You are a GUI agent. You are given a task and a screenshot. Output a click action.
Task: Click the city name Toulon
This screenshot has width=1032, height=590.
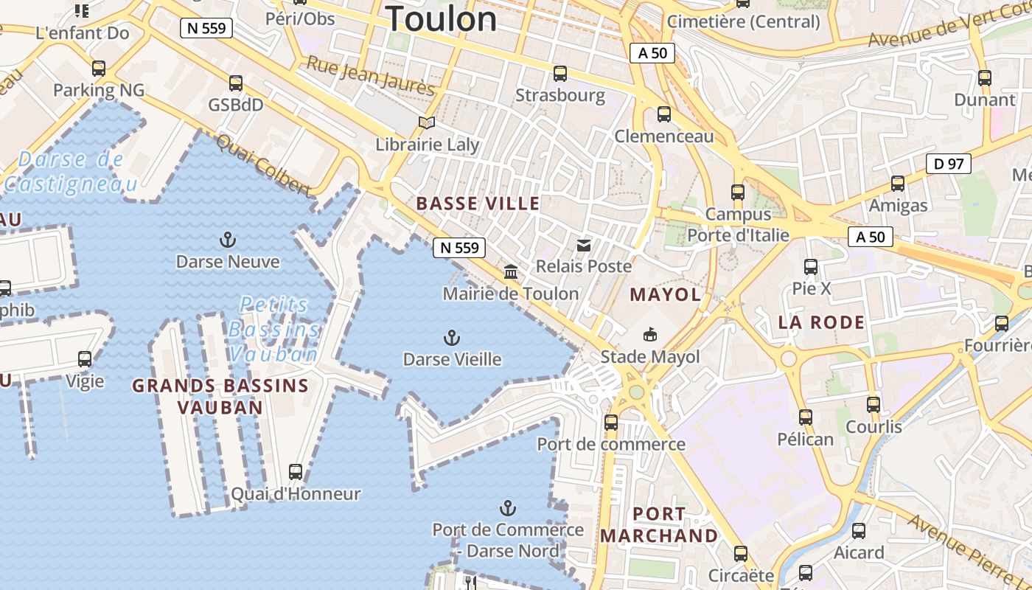click(442, 18)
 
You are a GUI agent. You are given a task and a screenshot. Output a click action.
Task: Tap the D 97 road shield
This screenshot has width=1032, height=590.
click(948, 164)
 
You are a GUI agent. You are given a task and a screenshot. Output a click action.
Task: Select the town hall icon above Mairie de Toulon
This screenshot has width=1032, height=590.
click(511, 272)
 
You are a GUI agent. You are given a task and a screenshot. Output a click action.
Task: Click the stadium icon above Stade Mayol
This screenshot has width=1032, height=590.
click(650, 336)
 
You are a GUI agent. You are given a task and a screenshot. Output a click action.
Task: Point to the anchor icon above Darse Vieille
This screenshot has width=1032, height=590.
click(452, 339)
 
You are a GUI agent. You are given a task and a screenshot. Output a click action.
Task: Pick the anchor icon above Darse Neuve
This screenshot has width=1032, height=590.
click(228, 240)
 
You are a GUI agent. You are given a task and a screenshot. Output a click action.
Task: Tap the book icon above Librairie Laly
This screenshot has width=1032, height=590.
click(427, 122)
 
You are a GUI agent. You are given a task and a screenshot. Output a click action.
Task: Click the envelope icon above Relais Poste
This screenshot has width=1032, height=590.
click(584, 245)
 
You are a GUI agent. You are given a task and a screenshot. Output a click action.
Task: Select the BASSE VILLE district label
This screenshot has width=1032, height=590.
click(478, 204)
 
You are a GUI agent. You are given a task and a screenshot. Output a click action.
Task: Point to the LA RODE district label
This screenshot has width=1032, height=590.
click(821, 322)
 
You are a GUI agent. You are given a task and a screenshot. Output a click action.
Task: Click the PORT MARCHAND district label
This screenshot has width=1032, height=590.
click(659, 525)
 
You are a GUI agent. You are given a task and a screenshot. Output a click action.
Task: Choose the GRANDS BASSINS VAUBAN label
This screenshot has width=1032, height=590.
click(220, 396)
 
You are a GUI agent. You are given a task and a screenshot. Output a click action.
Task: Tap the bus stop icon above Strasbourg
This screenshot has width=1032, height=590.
click(560, 74)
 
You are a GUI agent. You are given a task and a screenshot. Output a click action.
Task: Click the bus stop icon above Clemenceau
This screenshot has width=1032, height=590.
click(664, 114)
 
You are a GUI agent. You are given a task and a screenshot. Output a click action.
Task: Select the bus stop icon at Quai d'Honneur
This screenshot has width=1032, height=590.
click(296, 471)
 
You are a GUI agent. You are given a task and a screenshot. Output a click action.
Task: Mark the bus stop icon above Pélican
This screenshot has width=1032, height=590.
click(806, 417)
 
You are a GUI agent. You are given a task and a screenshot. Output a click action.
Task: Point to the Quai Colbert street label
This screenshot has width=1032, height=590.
click(263, 164)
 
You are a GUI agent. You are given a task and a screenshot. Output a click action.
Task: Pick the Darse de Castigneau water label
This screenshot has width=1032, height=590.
click(71, 171)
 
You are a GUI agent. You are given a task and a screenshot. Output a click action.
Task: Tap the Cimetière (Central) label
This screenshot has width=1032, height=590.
click(743, 21)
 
